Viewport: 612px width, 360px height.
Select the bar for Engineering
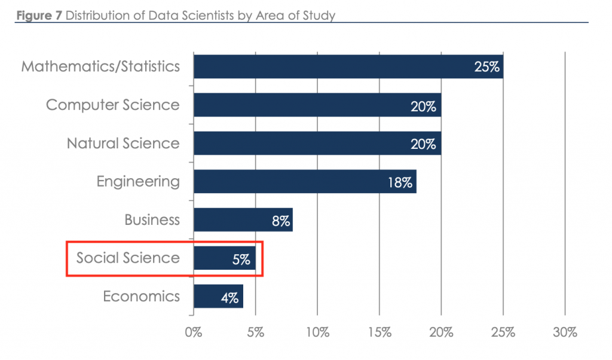pos(305,181)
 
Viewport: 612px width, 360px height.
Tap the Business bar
pos(243,219)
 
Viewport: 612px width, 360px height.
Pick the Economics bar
pos(218,296)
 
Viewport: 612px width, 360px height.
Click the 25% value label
pos(486,67)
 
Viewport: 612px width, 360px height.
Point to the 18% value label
pos(399,182)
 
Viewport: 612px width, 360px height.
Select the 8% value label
pos(280,221)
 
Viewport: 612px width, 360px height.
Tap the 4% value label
pos(230,297)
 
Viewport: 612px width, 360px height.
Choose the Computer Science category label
pos(112,105)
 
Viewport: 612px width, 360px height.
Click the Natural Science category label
pos(123,143)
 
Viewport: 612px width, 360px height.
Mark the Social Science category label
pos(127,258)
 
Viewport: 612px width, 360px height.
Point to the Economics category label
pos(141,296)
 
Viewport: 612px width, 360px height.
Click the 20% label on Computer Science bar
pos(424,106)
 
